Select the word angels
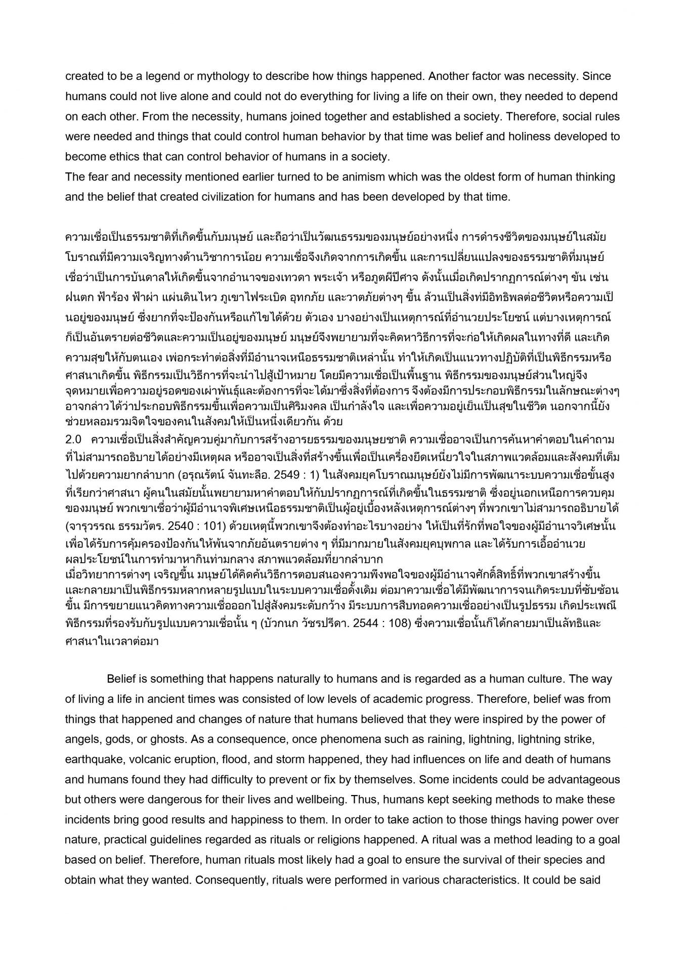tap(81, 739)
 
